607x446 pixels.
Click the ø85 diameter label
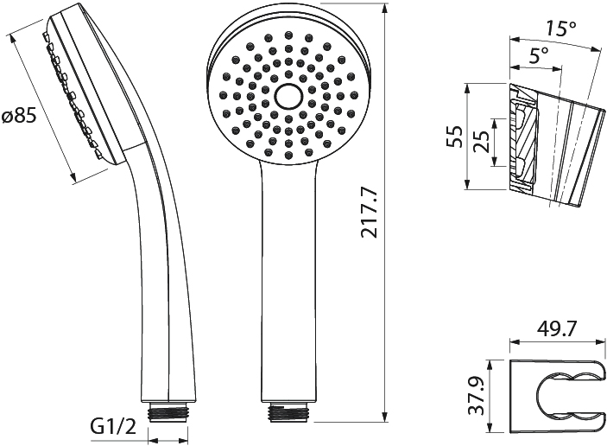(x=19, y=117)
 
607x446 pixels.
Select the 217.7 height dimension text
(x=369, y=212)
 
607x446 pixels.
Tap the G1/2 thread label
(x=113, y=427)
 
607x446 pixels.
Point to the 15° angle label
(x=561, y=28)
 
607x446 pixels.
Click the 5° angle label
(x=539, y=56)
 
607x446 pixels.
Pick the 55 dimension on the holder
(x=454, y=136)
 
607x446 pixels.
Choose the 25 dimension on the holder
(x=482, y=143)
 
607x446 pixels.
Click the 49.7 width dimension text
(x=557, y=329)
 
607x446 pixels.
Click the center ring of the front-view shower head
(x=288, y=96)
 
